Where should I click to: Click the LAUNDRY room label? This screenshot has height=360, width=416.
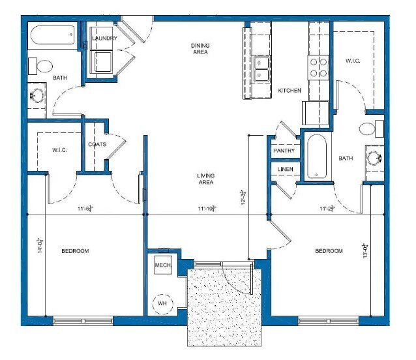(104, 38)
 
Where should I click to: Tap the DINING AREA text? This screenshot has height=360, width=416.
(200, 48)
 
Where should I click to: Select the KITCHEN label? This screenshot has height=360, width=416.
(290, 91)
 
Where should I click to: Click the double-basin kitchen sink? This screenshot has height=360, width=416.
(263, 68)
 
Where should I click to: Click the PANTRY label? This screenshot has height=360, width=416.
(284, 151)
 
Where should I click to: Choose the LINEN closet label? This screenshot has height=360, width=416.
(284, 170)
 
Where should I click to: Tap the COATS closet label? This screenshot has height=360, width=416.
(97, 145)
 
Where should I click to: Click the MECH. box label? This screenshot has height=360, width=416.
(162, 265)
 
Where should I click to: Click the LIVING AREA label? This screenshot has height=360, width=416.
(206, 179)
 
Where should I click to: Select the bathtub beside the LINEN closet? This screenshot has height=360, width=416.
(317, 157)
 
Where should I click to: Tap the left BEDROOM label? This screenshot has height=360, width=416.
(75, 251)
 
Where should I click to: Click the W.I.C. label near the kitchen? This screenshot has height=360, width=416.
(353, 61)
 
